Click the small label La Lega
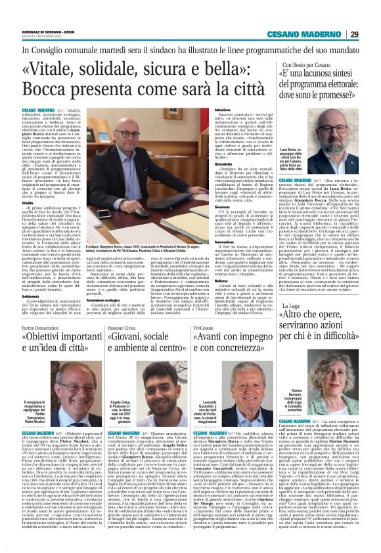click(292, 306)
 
